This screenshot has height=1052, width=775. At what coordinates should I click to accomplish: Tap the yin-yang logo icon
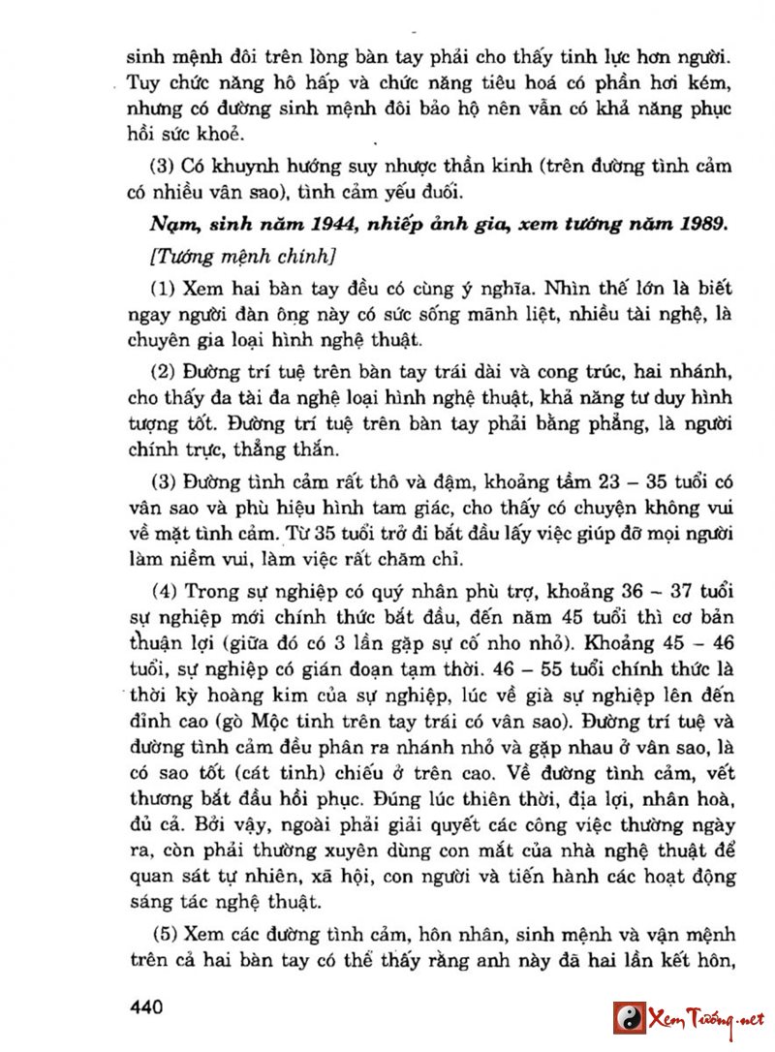(x=629, y=1018)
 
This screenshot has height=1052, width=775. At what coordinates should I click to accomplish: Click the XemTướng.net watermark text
(x=707, y=1019)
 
